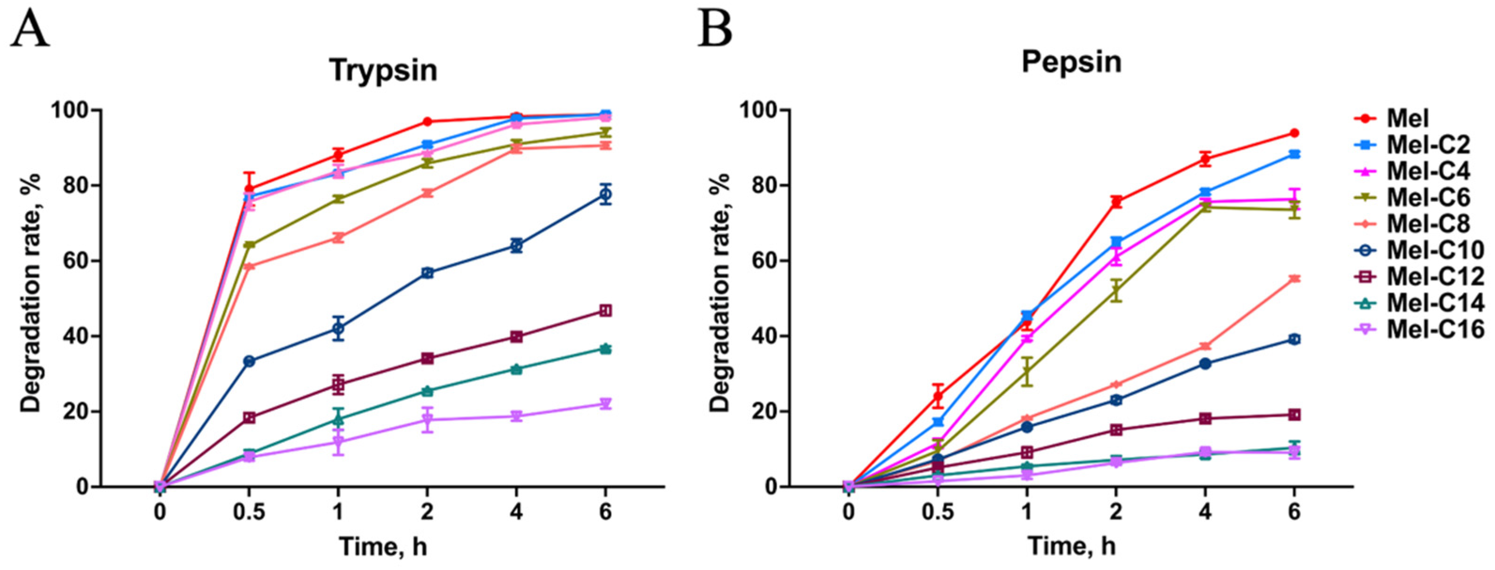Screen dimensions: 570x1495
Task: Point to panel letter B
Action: (715, 29)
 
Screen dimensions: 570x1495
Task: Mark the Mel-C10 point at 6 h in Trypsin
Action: (605, 194)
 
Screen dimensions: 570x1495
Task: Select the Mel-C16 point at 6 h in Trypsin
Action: (605, 404)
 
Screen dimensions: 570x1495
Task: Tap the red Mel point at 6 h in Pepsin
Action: (1294, 133)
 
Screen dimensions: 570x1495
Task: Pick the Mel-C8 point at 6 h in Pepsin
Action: (1294, 278)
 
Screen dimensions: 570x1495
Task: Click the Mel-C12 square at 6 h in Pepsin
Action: (1294, 415)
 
